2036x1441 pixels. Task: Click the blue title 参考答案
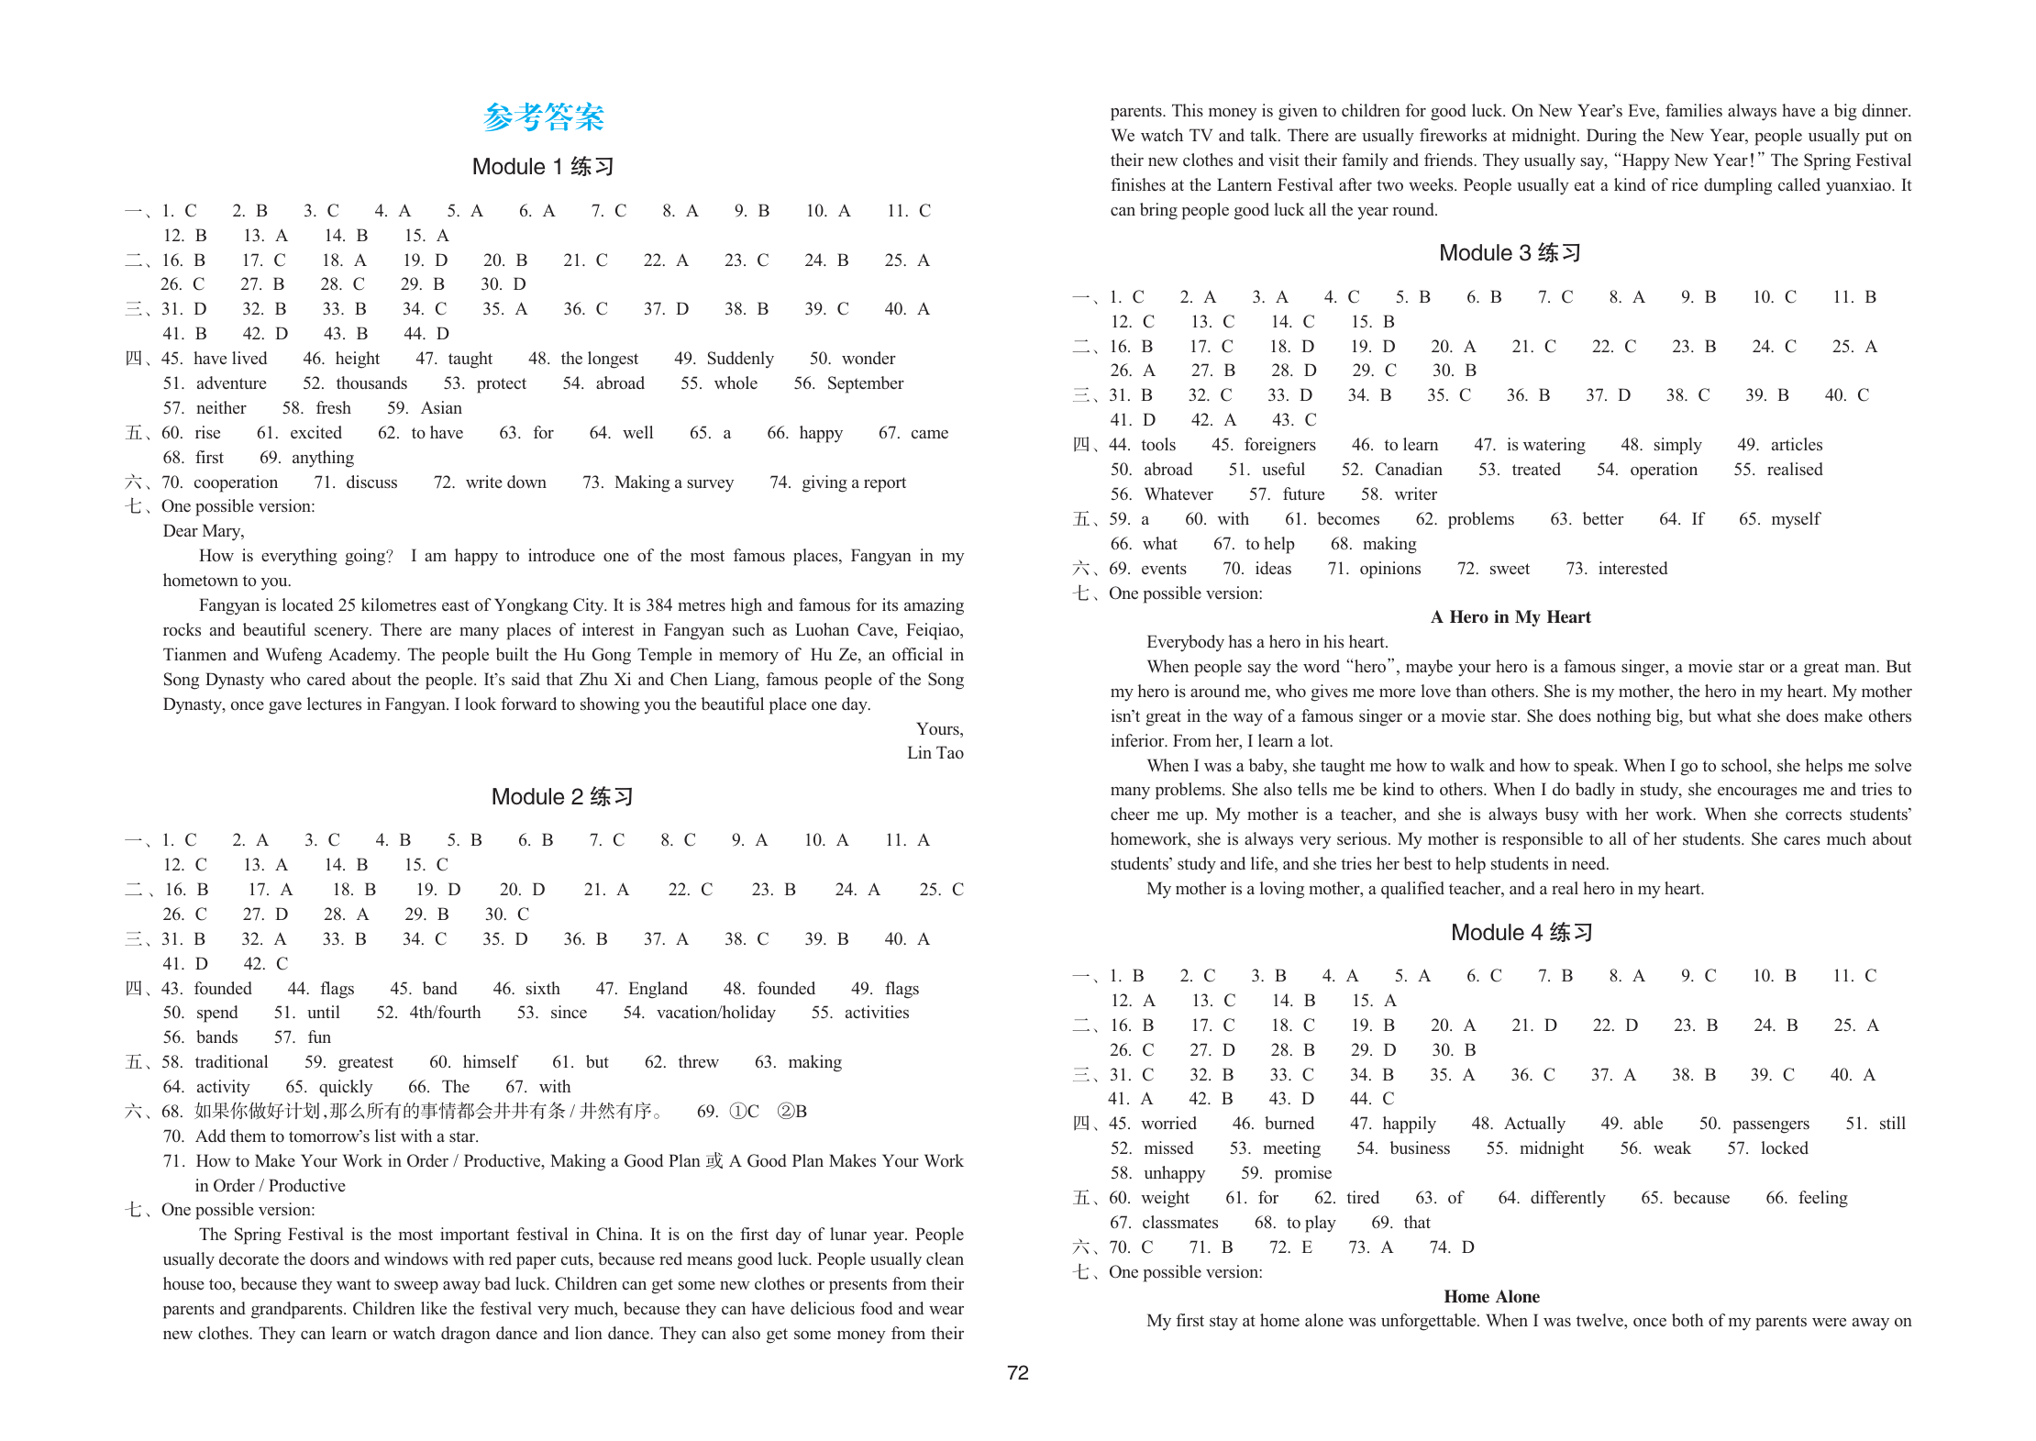(543, 117)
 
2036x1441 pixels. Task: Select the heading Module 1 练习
(543, 167)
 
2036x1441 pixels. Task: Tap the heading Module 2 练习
(562, 796)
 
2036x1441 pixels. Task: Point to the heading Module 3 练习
(1510, 253)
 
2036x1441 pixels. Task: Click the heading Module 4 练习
(1521, 933)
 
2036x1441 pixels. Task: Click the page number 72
(1018, 1373)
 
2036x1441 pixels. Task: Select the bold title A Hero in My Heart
(1510, 617)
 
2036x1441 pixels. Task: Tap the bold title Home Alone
(1491, 1297)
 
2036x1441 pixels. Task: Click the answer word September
(865, 383)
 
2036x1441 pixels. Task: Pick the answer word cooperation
(236, 482)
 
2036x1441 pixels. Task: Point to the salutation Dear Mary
(203, 531)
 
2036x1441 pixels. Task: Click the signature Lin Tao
(935, 753)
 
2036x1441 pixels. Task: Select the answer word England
(658, 989)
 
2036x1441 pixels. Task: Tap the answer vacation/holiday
(715, 1013)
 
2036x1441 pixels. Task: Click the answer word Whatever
(1178, 494)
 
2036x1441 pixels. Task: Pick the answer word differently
(1567, 1198)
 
